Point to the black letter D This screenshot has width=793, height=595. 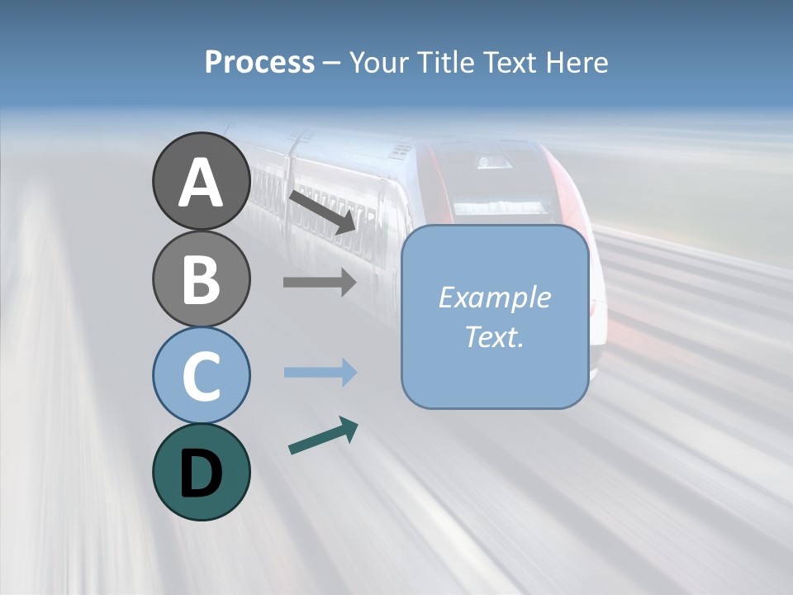tap(201, 474)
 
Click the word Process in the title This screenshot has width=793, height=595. tap(259, 63)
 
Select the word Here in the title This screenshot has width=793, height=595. tap(578, 62)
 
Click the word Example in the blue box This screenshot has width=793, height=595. tap(494, 297)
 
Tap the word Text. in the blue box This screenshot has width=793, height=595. tap(494, 336)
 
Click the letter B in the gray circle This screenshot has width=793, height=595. tap(201, 281)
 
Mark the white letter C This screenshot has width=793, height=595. tap(201, 377)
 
